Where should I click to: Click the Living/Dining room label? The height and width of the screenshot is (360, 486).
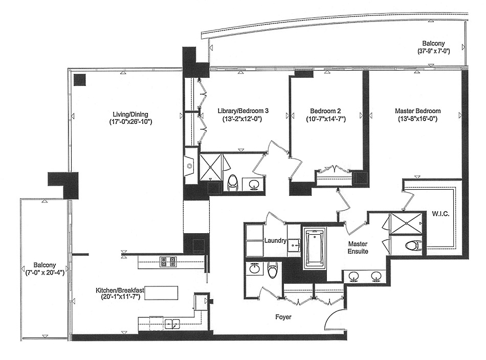131,114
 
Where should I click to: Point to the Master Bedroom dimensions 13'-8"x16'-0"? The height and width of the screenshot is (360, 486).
417,119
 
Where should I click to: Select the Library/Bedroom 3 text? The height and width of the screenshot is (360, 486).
242,111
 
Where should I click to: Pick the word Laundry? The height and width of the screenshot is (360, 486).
275,240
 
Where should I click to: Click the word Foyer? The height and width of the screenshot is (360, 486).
283,317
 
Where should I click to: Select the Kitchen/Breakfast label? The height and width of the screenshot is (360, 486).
120,290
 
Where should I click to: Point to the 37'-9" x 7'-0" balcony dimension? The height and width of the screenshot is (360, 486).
433,51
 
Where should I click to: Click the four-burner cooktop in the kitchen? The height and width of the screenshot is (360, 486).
168,262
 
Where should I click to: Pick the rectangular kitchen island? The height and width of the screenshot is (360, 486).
163,293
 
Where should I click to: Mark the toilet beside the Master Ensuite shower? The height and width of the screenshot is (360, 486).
412,246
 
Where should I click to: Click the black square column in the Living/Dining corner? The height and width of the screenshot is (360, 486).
79,80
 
